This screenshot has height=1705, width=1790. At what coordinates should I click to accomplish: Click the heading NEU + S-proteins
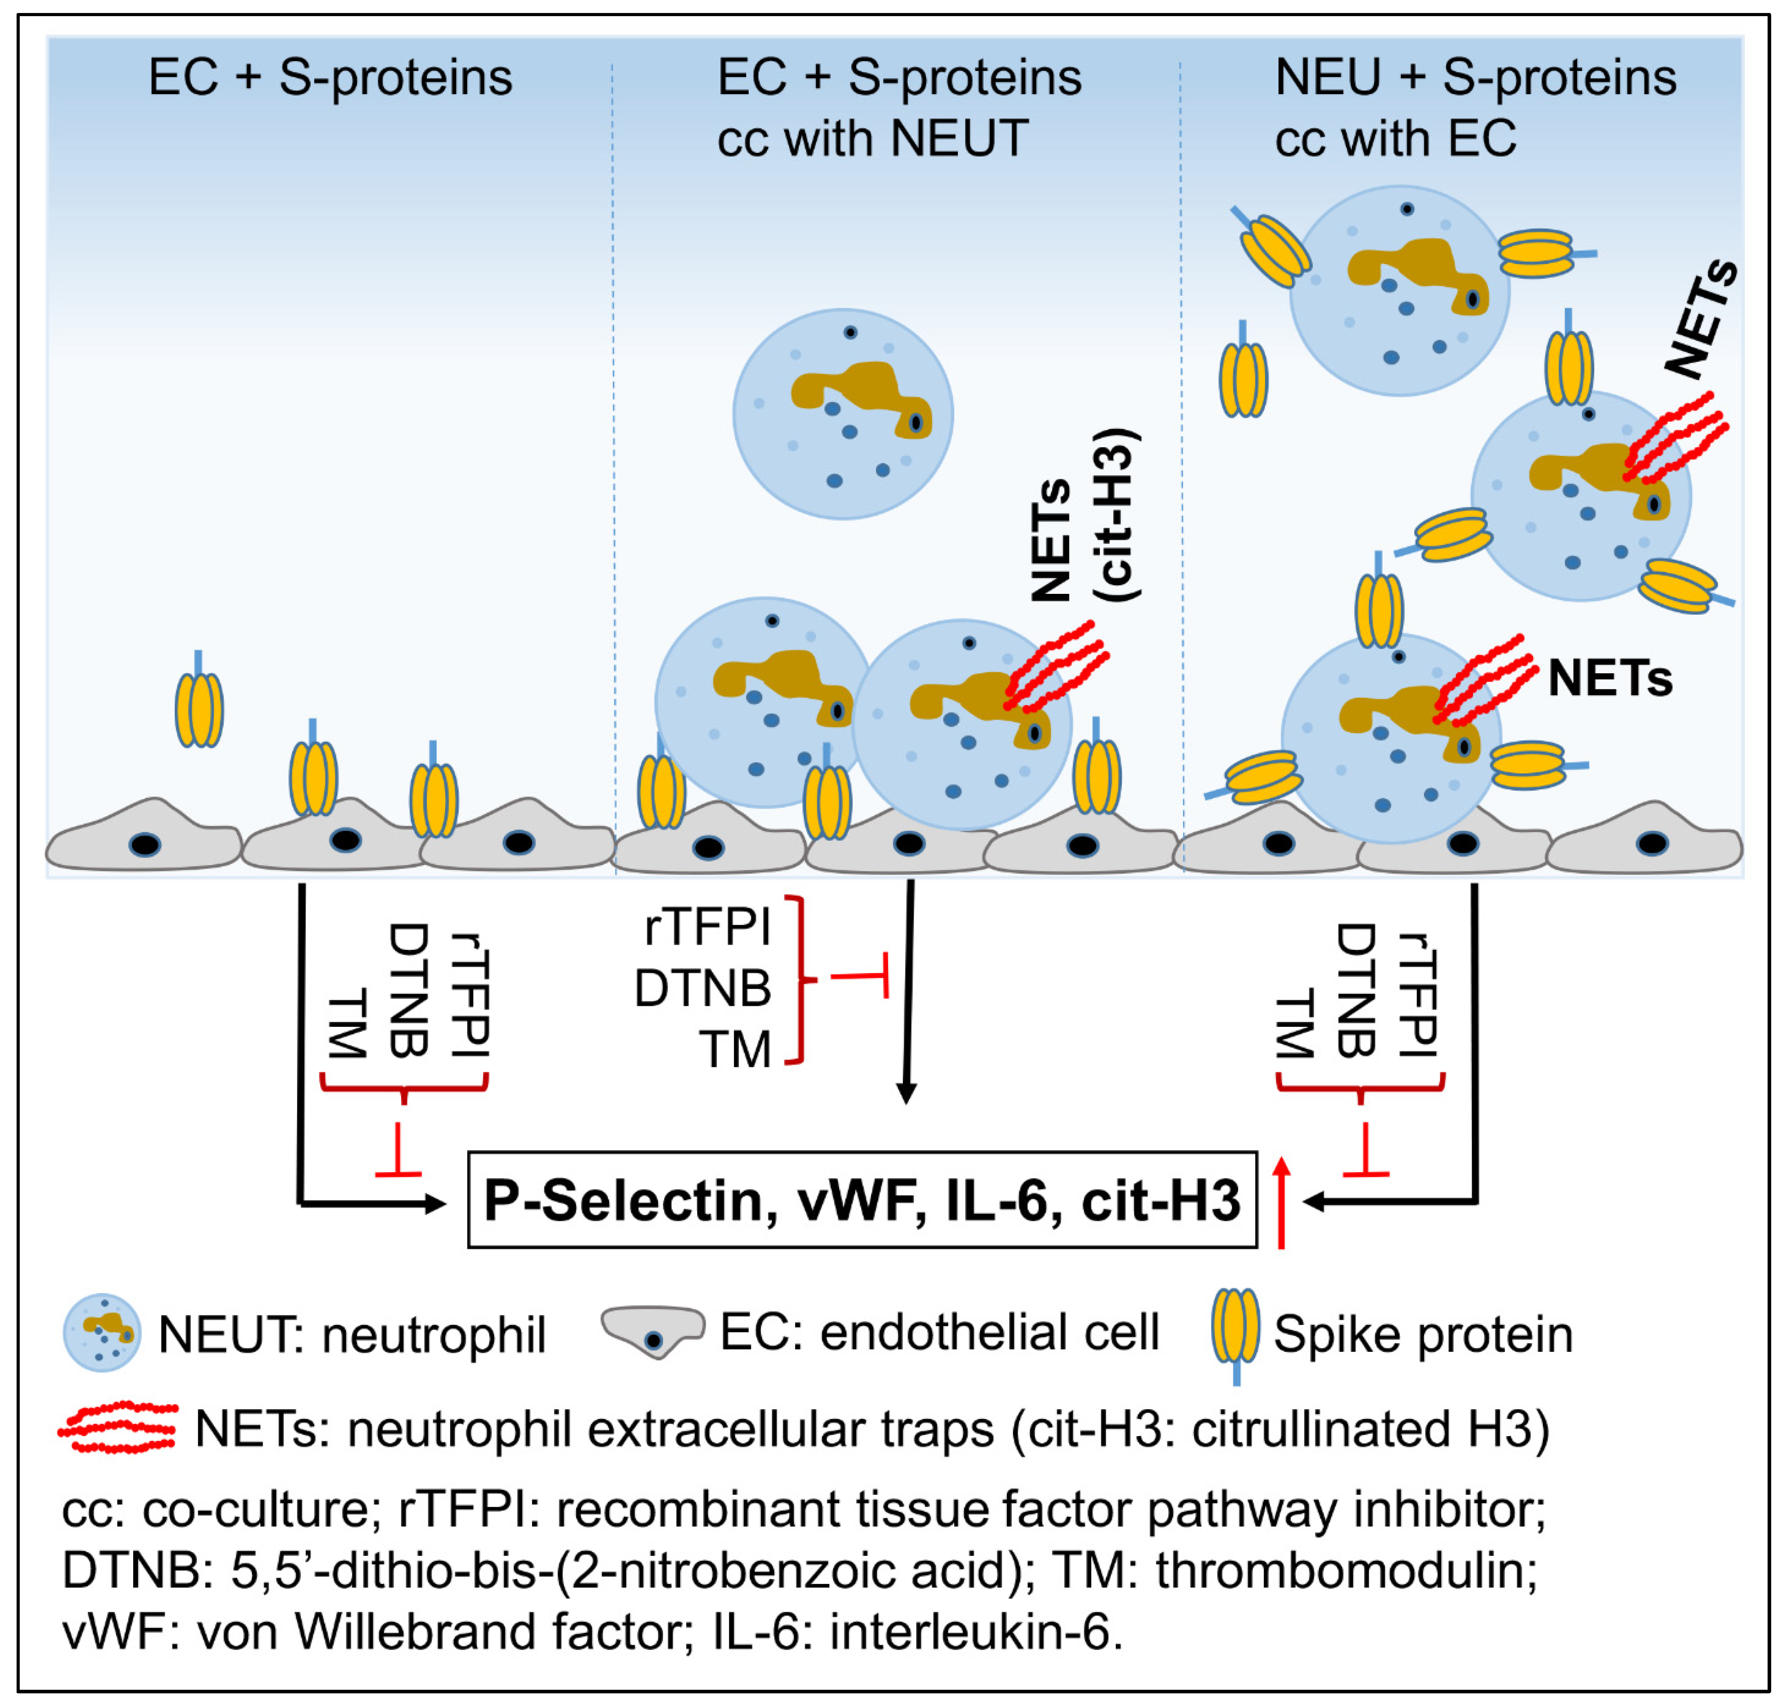[x=1474, y=77]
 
